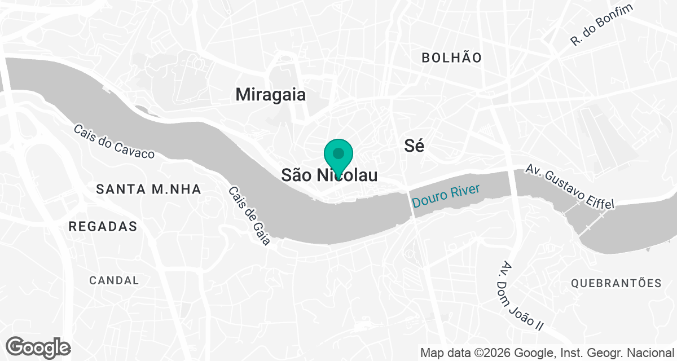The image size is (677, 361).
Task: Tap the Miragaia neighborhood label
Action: click(271, 94)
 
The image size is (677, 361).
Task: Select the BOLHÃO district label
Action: click(452, 58)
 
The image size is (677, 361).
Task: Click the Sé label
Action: click(415, 146)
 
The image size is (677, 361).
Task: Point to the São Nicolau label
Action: click(329, 175)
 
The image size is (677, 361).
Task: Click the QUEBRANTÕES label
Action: click(616, 283)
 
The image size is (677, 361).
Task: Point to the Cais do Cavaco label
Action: click(113, 141)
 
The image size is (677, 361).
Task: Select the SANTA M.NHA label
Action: click(148, 190)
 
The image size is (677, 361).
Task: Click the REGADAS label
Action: click(103, 227)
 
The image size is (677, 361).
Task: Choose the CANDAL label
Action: click(114, 280)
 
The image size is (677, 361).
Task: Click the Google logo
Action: click(38, 347)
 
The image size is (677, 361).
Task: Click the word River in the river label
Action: click(464, 191)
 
